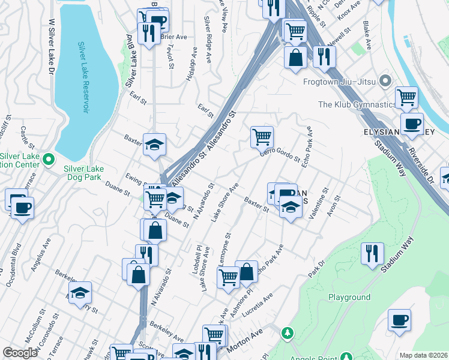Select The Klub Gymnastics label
coord(357,104)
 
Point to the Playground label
coord(349,297)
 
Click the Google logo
coord(20,353)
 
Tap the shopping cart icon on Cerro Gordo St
coord(262,137)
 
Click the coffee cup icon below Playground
coord(399,319)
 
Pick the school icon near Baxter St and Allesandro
coord(154,144)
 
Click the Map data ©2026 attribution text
coord(423,355)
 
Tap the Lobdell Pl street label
coord(196,260)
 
